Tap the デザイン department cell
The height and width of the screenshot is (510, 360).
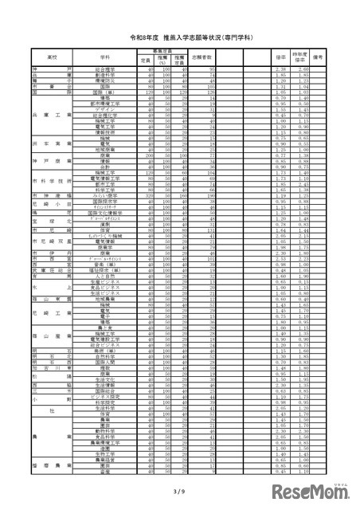(104, 108)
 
